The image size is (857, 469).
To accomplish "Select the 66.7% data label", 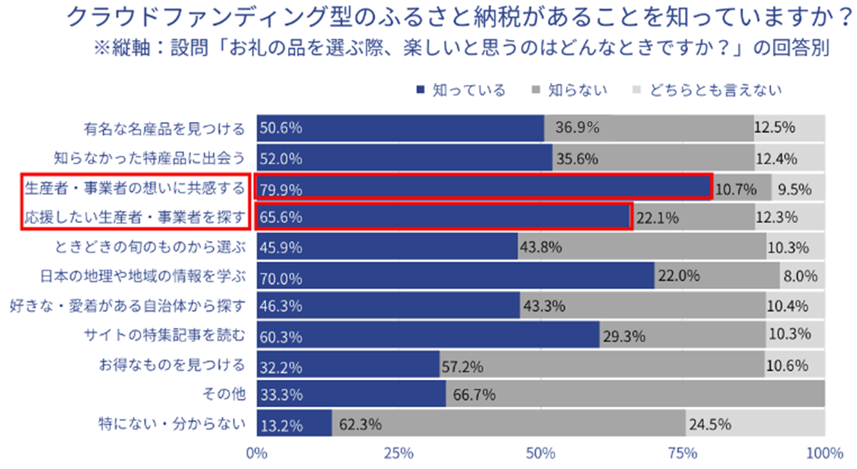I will pyautogui.click(x=475, y=395).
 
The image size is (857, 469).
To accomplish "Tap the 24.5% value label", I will pyautogui.click(x=710, y=424).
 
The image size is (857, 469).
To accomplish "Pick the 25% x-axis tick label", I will pyautogui.click(x=398, y=454).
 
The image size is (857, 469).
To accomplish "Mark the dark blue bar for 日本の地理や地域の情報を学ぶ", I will pyautogui.click(x=455, y=276).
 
